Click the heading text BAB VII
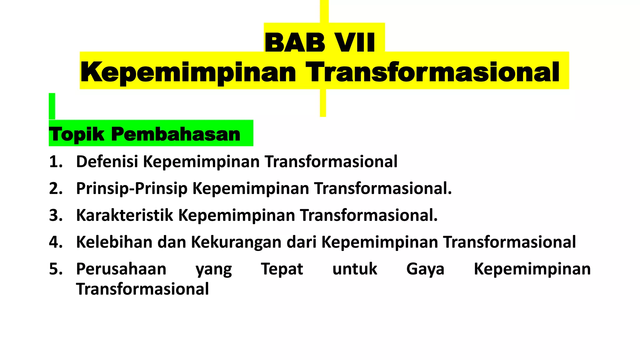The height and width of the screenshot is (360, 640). (x=320, y=43)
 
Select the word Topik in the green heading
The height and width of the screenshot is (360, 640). (x=77, y=134)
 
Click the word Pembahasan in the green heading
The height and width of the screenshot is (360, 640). (x=176, y=134)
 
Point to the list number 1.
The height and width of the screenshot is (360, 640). (x=56, y=162)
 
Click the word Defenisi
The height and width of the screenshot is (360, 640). (x=107, y=162)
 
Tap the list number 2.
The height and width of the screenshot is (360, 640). (x=56, y=189)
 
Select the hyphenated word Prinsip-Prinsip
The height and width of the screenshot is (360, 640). (x=132, y=189)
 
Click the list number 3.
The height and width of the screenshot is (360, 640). (x=56, y=216)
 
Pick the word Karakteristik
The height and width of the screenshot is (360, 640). (x=124, y=216)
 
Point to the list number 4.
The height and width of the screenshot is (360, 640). (x=56, y=242)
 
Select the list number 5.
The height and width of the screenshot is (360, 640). (x=56, y=269)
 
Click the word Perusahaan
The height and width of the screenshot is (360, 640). (x=121, y=269)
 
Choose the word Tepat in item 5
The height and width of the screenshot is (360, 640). (x=282, y=269)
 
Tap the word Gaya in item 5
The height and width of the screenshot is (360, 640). (x=425, y=269)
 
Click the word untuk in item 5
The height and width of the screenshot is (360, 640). (x=355, y=269)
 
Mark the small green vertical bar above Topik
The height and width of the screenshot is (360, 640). (x=52, y=106)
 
